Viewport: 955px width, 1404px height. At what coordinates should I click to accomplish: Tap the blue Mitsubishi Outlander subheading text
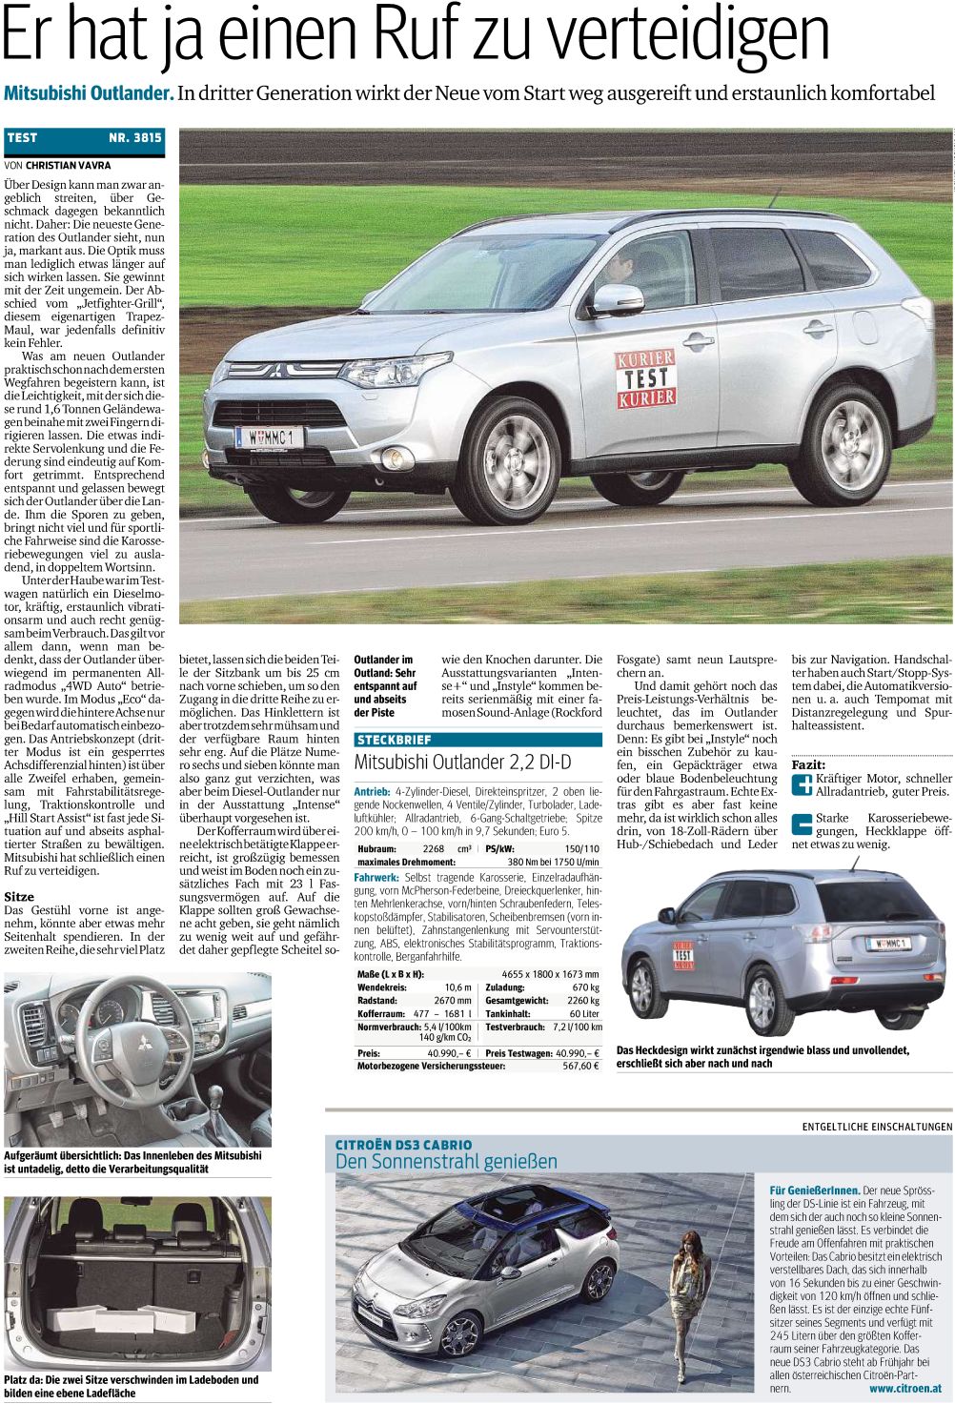(89, 93)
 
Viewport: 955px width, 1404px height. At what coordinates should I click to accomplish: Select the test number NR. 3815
(135, 137)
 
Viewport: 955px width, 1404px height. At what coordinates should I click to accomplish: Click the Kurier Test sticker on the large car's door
(645, 377)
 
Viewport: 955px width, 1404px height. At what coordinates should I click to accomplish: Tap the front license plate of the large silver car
(270, 437)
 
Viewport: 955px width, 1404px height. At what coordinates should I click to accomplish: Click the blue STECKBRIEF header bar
(477, 740)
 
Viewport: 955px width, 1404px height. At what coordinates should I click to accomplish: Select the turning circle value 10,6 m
(457, 987)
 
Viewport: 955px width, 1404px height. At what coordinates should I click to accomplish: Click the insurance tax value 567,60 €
(579, 1067)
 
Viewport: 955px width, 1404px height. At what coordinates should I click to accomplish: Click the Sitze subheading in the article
(19, 897)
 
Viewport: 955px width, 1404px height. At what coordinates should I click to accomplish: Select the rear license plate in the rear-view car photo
(884, 944)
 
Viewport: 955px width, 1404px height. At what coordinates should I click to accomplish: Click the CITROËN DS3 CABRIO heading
(403, 1144)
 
